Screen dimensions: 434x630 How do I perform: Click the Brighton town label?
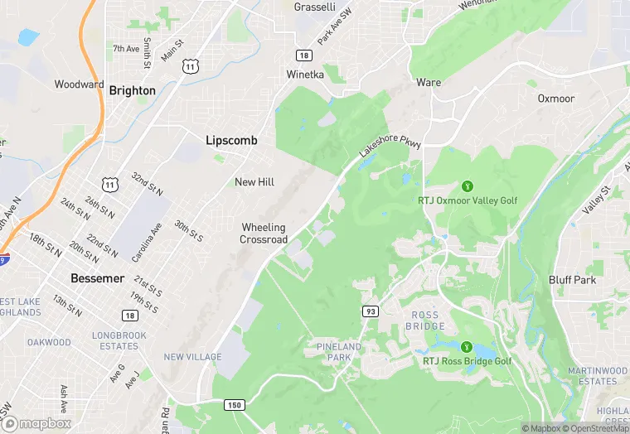pyautogui.click(x=132, y=90)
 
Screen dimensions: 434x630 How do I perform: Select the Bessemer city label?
pyautogui.click(x=97, y=278)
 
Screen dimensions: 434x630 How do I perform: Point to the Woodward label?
pyautogui.click(x=80, y=84)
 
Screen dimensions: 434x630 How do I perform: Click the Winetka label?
pyautogui.click(x=305, y=74)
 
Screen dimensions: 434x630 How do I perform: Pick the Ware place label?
pyautogui.click(x=429, y=83)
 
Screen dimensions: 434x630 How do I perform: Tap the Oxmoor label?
pyautogui.click(x=555, y=98)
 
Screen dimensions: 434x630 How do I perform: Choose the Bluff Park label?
pyautogui.click(x=572, y=280)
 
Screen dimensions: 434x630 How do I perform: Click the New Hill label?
pyautogui.click(x=255, y=182)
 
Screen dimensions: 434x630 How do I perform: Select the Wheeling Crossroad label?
pyautogui.click(x=264, y=234)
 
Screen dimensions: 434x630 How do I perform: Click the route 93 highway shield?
pyautogui.click(x=370, y=310)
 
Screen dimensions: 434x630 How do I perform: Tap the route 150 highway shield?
pyautogui.click(x=235, y=404)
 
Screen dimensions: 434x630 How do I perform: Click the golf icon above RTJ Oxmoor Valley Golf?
pyautogui.click(x=468, y=186)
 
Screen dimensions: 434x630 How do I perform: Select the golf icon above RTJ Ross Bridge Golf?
pyautogui.click(x=467, y=346)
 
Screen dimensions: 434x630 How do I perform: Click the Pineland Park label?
pyautogui.click(x=339, y=351)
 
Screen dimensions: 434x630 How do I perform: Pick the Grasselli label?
pyautogui.click(x=314, y=7)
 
